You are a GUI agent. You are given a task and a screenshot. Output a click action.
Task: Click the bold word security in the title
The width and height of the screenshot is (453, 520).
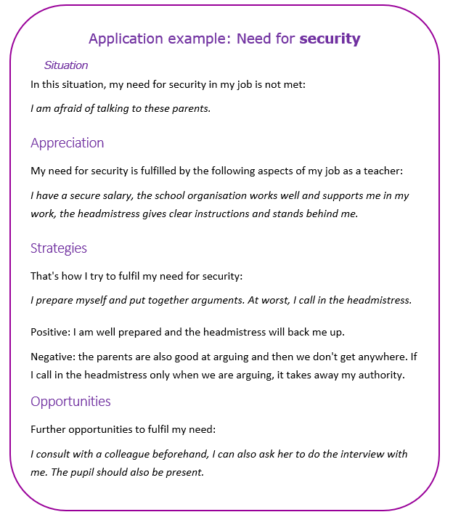[330, 38]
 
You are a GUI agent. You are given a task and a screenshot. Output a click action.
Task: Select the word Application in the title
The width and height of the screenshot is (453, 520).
[124, 38]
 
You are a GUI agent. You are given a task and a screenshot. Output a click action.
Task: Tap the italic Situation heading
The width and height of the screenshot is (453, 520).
[66, 65]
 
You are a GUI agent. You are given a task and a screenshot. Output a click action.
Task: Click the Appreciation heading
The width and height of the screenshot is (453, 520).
[67, 143]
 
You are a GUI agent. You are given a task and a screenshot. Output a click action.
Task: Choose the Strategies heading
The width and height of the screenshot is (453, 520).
[59, 248]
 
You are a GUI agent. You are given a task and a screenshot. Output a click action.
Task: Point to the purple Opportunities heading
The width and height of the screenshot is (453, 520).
[70, 402]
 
